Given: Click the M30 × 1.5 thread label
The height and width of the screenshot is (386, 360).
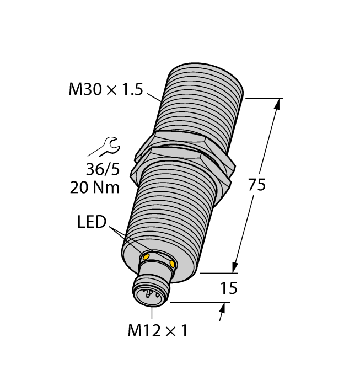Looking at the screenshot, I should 105,90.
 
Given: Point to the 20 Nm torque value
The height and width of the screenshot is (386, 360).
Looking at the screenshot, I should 95,187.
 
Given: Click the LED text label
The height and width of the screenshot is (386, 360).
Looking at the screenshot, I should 91,223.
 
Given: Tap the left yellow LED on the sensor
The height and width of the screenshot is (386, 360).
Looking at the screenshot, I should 146,256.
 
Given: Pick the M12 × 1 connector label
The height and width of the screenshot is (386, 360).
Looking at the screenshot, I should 158,331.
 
